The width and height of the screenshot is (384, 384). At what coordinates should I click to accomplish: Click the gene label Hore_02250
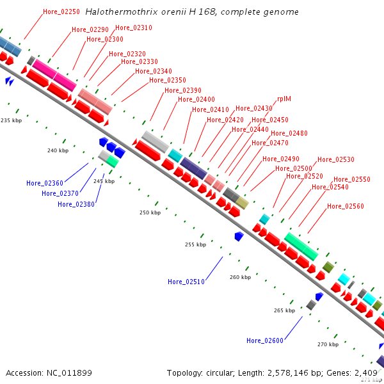coord(61,12)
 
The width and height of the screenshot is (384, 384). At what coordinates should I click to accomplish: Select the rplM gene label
coord(284,99)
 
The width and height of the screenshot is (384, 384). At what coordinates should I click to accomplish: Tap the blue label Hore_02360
coord(45,183)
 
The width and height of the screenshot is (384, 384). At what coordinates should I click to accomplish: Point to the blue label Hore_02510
coord(186,282)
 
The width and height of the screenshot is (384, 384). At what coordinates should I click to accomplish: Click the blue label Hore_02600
coord(265,340)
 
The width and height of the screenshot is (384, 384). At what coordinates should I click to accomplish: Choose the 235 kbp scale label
coord(12,120)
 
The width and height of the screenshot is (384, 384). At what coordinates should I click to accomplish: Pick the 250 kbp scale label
coord(150,212)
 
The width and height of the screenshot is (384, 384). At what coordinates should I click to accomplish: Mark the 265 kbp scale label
coord(284,310)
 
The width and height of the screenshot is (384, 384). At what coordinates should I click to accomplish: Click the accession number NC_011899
coord(69,373)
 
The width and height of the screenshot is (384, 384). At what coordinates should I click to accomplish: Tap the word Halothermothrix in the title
coord(122,12)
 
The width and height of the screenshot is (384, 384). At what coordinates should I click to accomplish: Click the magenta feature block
coord(54,75)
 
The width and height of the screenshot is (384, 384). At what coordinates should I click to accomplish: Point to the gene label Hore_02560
coord(346,206)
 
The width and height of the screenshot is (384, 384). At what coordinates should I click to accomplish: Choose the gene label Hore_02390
coord(182,90)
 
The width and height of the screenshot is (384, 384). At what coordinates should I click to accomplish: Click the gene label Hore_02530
coord(336,159)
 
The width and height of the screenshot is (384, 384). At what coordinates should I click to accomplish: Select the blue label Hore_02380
coord(76,204)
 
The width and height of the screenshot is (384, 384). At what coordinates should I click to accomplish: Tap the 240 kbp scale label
coord(58,150)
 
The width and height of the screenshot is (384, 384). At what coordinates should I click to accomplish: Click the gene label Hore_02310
coord(134,28)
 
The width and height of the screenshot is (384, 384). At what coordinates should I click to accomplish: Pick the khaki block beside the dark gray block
coord(242,203)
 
